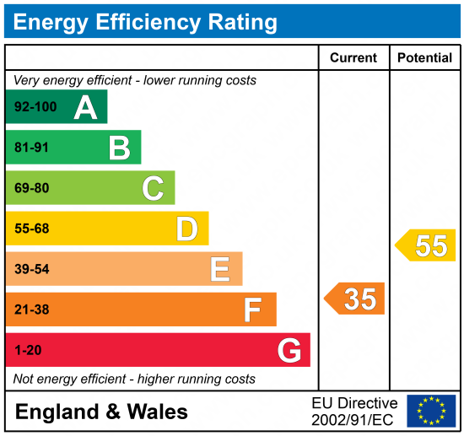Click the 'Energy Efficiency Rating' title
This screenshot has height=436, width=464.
pyautogui.click(x=144, y=22)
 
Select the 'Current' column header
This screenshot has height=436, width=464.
pyautogui.click(x=353, y=58)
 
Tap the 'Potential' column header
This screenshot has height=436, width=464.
pyautogui.click(x=425, y=58)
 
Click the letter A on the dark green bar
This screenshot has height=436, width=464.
pyautogui.click(x=85, y=108)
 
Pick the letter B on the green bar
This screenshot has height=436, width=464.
pyautogui.click(x=119, y=148)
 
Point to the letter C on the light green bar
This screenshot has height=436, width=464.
pyautogui.click(x=153, y=188)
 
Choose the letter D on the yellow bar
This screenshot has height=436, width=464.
pyautogui.click(x=186, y=229)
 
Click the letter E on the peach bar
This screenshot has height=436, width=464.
pyautogui.click(x=220, y=269)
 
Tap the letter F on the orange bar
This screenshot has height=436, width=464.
pyautogui.click(x=252, y=310)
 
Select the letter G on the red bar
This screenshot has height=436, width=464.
pyautogui.click(x=289, y=350)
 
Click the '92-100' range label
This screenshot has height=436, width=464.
pyautogui.click(x=35, y=108)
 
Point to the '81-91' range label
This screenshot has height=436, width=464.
pyautogui.click(x=32, y=148)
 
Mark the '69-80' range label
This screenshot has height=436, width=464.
pyautogui.click(x=32, y=188)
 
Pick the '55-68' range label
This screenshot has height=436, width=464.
pyautogui.click(x=32, y=229)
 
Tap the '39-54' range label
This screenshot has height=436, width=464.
pyautogui.click(x=32, y=269)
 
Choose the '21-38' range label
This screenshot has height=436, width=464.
pyautogui.click(x=32, y=310)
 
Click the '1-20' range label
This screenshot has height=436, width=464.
pyautogui.click(x=28, y=350)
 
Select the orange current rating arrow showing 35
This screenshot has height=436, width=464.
pyautogui.click(x=355, y=299)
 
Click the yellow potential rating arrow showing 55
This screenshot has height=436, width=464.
pyautogui.click(x=426, y=245)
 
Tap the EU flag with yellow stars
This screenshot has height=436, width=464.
pyautogui.click(x=431, y=411)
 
